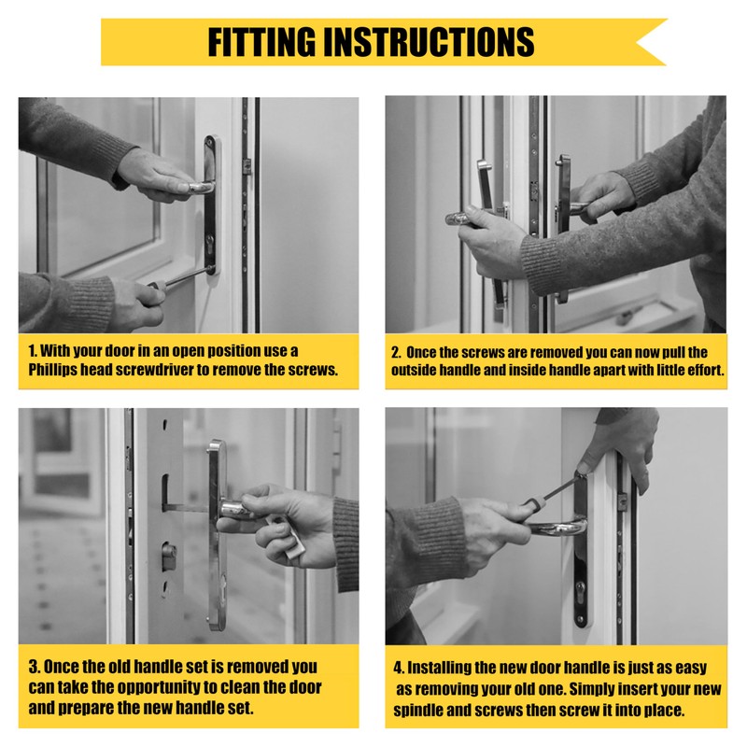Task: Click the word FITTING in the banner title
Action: pyautogui.click(x=261, y=42)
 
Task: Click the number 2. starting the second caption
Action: pyautogui.click(x=396, y=353)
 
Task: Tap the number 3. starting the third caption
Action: pyautogui.click(x=35, y=667)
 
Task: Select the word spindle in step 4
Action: pyautogui.click(x=417, y=711)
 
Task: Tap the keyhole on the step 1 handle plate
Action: pyautogui.click(x=209, y=242)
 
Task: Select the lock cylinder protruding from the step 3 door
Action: pyautogui.click(x=169, y=557)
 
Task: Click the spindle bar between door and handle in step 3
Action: pyautogui.click(x=189, y=508)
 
